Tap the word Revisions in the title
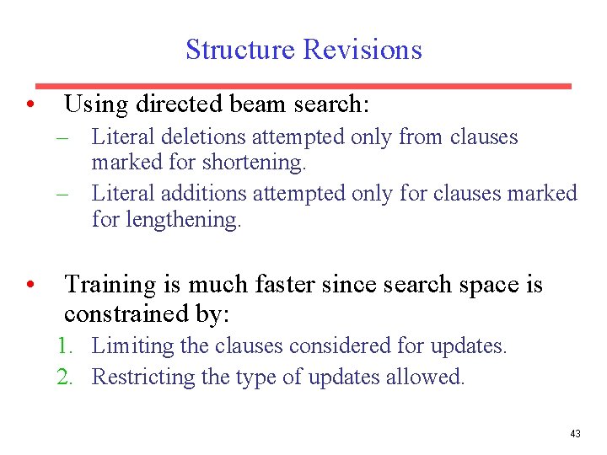pos(363,50)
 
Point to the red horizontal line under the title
pos(303,85)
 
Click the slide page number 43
pos(575,434)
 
